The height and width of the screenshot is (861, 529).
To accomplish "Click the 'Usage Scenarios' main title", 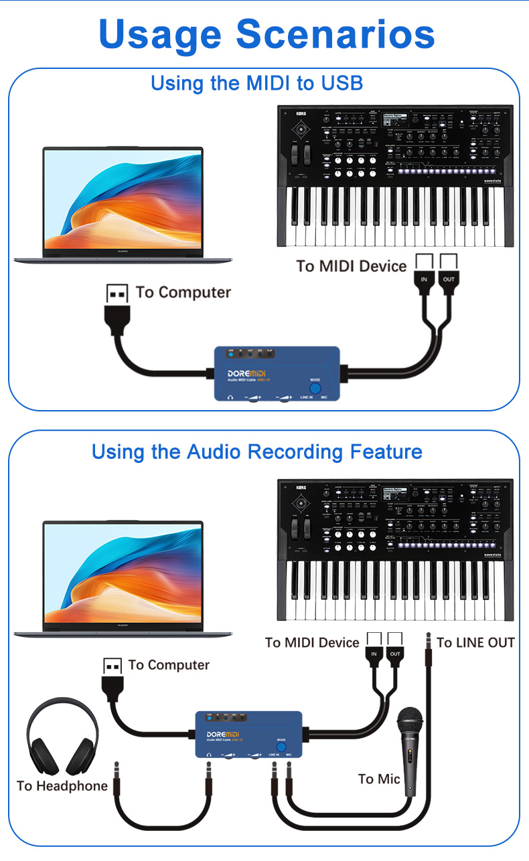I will pyautogui.click(x=266, y=34).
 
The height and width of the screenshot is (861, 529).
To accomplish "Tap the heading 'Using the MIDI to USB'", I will pyautogui.click(x=256, y=84).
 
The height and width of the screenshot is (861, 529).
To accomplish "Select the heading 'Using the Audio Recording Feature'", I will pyautogui.click(x=256, y=452).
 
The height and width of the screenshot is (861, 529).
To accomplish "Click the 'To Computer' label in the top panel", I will pyautogui.click(x=183, y=292).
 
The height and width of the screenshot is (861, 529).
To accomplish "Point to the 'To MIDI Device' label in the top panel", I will pyautogui.click(x=352, y=266).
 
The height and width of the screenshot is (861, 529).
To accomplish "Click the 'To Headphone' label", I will pyautogui.click(x=62, y=786).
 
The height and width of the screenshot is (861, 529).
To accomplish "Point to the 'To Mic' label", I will pyautogui.click(x=379, y=779).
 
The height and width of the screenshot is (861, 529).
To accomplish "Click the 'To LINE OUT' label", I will pyautogui.click(x=475, y=643).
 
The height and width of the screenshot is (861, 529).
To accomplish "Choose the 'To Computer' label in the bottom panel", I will pyautogui.click(x=169, y=665).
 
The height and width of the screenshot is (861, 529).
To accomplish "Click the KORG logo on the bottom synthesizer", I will pyautogui.click(x=300, y=488).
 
